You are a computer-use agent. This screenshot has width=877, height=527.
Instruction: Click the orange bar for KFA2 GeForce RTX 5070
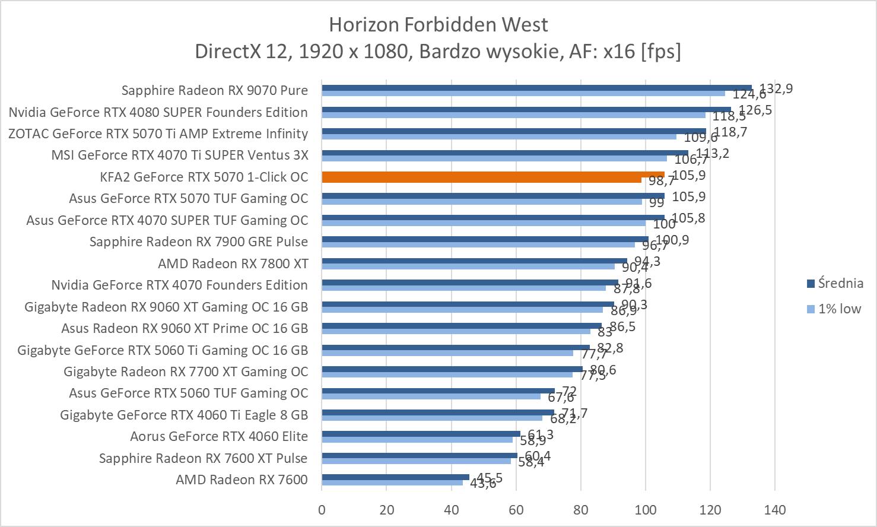tap(492, 174)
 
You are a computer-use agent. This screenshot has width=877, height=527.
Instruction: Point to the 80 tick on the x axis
tap(581, 510)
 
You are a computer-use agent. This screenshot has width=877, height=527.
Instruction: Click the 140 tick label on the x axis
tap(775, 510)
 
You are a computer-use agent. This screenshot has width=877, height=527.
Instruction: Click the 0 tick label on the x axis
tap(322, 510)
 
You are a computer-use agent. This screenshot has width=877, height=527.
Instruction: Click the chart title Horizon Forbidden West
tap(438, 24)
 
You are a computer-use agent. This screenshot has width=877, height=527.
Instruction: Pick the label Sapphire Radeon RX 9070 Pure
tap(215, 90)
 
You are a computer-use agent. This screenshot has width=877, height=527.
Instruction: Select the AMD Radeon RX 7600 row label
tap(242, 480)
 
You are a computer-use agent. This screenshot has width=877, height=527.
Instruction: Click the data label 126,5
tap(755, 110)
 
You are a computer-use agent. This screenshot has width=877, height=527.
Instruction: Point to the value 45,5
tap(490, 478)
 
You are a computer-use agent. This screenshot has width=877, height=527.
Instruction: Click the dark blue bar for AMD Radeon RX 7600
tap(395, 477)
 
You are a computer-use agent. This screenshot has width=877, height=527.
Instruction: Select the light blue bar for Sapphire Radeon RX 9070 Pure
tap(522, 93)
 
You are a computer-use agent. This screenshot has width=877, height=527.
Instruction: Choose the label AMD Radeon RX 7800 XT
tap(233, 263)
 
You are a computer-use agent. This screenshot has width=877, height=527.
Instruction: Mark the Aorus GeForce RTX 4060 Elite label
tap(219, 436)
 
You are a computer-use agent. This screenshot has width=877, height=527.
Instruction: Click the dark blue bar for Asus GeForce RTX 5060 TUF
tap(438, 391)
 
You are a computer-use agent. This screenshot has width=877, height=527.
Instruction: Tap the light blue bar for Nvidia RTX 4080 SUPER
tap(513, 115)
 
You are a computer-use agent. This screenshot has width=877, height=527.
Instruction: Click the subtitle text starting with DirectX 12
tap(438, 52)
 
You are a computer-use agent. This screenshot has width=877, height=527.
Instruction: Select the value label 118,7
tap(730, 132)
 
